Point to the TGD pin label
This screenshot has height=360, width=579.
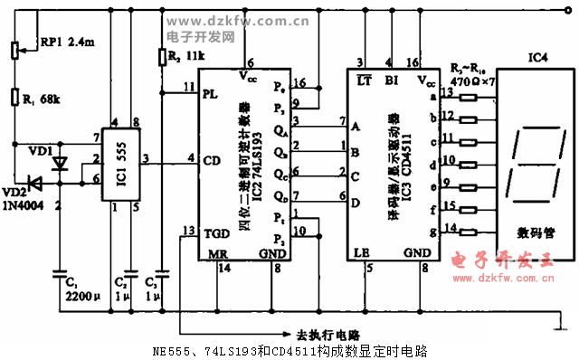point(214,231)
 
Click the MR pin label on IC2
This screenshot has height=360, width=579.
point(218,254)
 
